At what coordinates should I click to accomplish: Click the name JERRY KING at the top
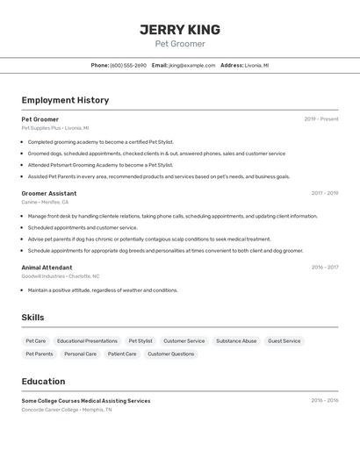click(180, 30)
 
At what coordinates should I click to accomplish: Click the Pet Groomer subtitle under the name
click(180, 44)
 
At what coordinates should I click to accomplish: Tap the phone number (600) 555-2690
click(128, 65)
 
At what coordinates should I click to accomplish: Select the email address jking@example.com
click(191, 65)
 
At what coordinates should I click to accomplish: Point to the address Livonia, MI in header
click(256, 65)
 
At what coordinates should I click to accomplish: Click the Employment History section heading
click(65, 100)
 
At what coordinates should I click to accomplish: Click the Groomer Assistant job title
click(49, 193)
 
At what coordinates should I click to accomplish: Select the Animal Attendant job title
click(47, 268)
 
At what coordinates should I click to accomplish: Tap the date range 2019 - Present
click(321, 118)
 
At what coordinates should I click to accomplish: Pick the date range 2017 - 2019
click(325, 193)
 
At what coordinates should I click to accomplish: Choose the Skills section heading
click(32, 318)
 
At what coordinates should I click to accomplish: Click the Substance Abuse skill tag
click(236, 340)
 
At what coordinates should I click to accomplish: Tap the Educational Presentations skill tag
click(87, 340)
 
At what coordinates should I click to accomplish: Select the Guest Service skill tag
click(284, 340)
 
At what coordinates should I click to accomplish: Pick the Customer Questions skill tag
click(170, 354)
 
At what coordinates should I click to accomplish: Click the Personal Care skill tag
click(80, 354)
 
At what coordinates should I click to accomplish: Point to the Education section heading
click(43, 382)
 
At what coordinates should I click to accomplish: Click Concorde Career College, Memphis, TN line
click(67, 409)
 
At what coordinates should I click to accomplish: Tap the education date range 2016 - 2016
click(325, 400)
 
